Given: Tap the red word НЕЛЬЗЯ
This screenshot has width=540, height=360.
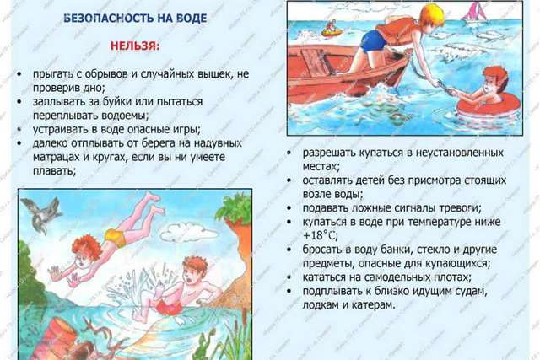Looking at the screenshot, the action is point(135,46).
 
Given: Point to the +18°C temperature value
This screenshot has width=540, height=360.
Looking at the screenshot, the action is point(321,235).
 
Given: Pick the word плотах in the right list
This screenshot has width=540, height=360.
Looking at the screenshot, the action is point(452,277).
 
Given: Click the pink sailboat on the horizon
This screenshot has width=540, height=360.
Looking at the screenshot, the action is point(473,13).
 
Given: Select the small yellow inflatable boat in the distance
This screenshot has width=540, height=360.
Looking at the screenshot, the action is point(332,30).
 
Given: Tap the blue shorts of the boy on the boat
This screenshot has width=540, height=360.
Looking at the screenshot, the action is point(373,40).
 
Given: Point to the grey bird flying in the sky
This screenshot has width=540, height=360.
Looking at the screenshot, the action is point(41,214).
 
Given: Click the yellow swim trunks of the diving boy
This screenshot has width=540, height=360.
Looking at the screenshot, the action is point(116,237).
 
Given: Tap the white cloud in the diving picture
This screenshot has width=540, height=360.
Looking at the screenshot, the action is point(189,231).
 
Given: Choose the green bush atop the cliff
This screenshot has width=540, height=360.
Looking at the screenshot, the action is point(235,208).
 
